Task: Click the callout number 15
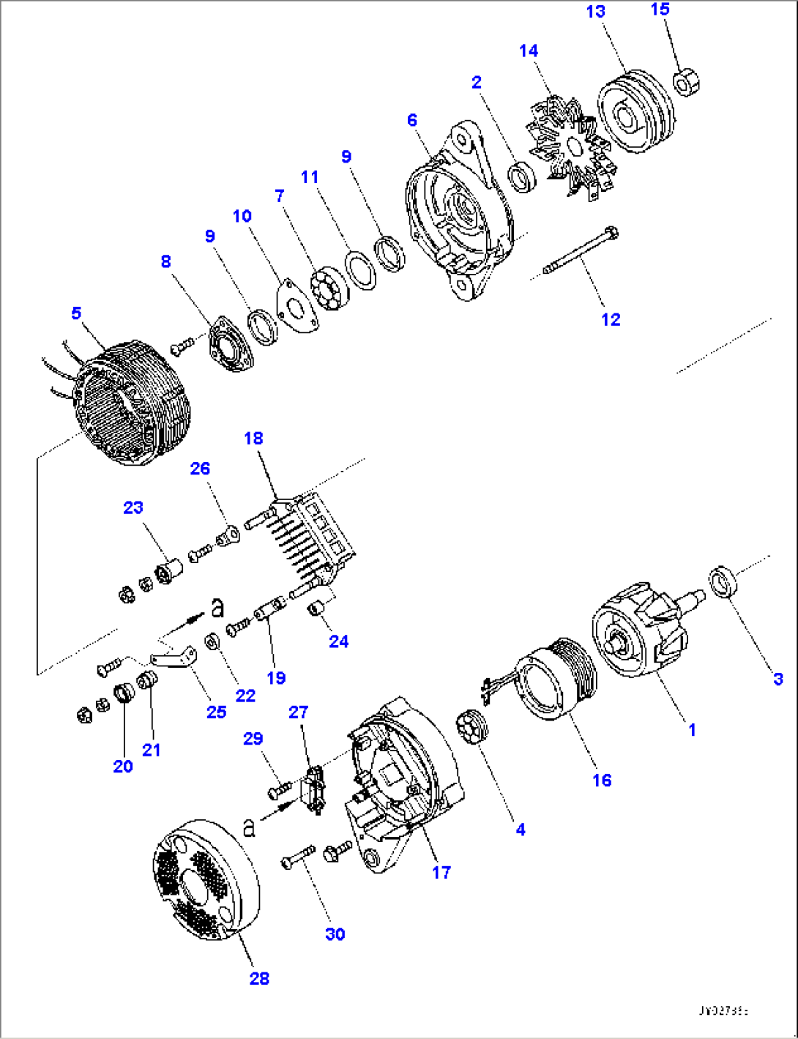point(660,9)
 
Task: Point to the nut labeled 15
point(687,81)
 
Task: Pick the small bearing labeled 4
point(470,726)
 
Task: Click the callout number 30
point(335,934)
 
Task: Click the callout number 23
point(133,507)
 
